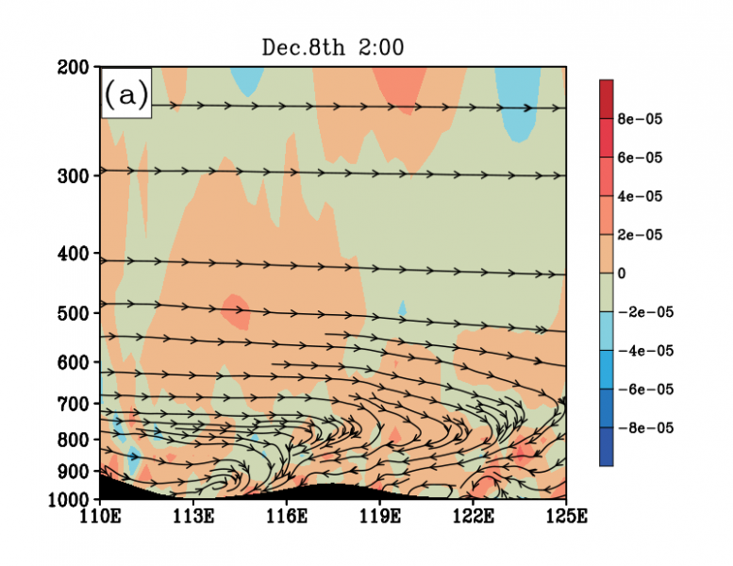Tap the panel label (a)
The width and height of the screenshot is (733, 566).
click(x=125, y=95)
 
